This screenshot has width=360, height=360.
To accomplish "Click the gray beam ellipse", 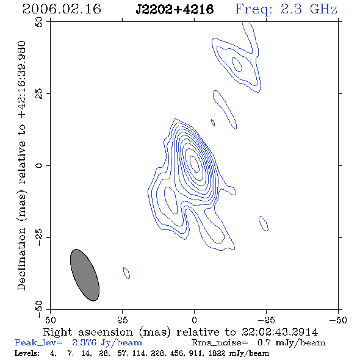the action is tap(85, 275).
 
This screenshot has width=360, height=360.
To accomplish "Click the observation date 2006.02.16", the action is tap(62, 9).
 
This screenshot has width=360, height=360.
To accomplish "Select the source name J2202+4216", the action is tap(175, 9).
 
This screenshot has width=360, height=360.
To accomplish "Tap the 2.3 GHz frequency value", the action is tap(309, 9).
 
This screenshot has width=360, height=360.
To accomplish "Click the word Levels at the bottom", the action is tap(27, 353).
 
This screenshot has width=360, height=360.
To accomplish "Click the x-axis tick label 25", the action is tap(123, 320).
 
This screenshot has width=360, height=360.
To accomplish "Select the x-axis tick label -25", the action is tap(266, 320).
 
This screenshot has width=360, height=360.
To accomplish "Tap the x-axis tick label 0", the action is tap(194, 320).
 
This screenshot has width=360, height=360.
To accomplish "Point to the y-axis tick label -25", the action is tap(39, 237).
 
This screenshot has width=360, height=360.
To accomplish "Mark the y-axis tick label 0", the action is tap(39, 165).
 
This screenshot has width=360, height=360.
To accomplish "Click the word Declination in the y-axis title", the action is tap(21, 259).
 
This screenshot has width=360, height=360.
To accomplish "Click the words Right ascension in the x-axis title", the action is tap(88, 332).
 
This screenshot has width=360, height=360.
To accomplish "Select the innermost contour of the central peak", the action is tap(195, 164).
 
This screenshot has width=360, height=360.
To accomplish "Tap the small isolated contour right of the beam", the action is tap(126, 273).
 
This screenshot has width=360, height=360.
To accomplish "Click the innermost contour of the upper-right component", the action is tap(237, 65).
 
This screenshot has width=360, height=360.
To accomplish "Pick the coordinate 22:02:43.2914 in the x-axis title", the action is tap(279, 332).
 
